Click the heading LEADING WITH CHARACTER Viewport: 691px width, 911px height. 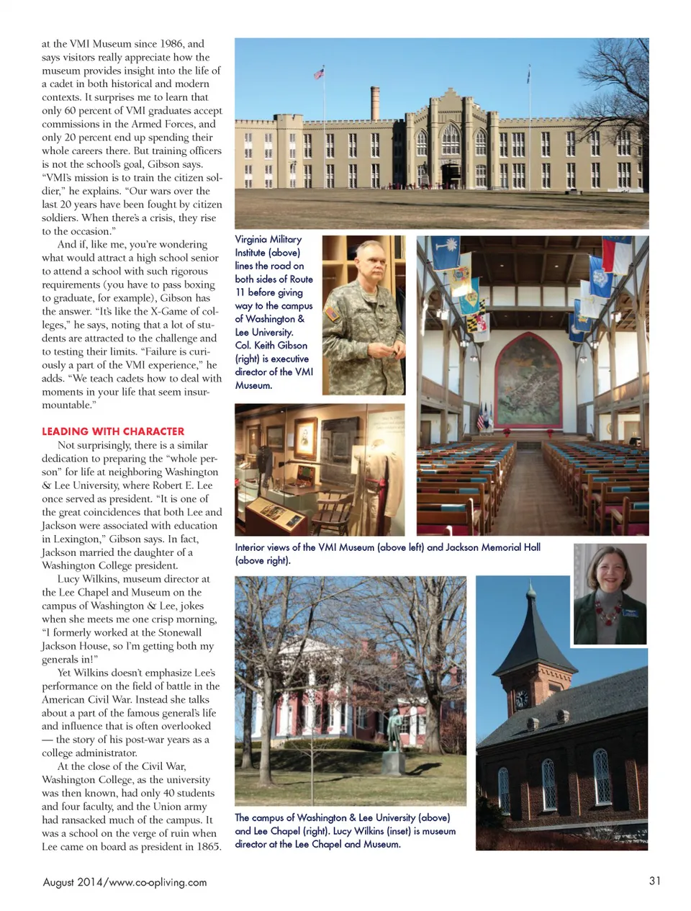pyautogui.click(x=113, y=431)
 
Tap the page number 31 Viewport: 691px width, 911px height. pyautogui.click(x=654, y=880)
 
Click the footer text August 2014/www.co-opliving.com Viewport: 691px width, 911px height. pyautogui.click(x=125, y=882)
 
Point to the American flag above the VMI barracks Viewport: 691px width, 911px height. pyautogui.click(x=319, y=73)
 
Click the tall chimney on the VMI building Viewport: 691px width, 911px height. pyautogui.click(x=375, y=102)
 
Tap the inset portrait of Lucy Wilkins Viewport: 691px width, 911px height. pyautogui.click(x=610, y=593)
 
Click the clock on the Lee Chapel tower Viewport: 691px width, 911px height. pyautogui.click(x=521, y=698)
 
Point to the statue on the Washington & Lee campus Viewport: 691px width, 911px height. pyautogui.click(x=394, y=738)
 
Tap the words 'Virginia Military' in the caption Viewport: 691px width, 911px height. pyautogui.click(x=268, y=239)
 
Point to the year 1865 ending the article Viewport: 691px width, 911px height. pyautogui.click(x=208, y=846)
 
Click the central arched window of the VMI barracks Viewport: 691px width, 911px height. pyautogui.click(x=451, y=138)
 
